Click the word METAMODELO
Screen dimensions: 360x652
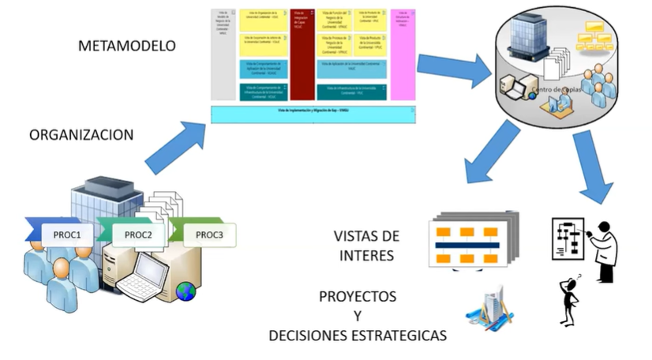126,45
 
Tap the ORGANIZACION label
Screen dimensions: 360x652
81,134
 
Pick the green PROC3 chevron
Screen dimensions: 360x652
207,234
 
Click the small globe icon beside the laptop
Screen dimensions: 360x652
186,292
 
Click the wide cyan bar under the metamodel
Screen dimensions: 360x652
313,114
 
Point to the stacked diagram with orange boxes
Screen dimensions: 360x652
472,241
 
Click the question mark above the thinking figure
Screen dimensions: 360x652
578,277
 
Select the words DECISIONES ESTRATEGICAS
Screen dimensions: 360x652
358,336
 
